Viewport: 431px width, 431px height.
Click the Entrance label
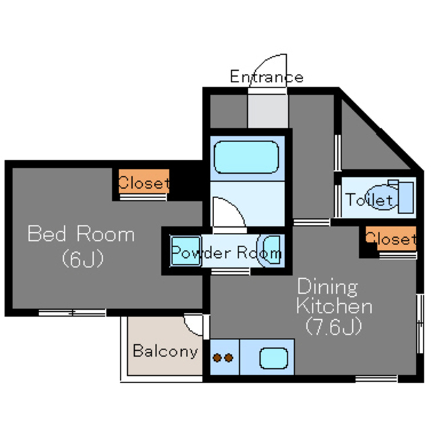(267, 77)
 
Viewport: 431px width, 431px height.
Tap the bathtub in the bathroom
(246, 157)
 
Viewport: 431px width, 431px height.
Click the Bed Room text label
(81, 234)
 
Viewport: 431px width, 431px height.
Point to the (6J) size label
(82, 259)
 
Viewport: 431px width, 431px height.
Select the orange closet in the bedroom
(143, 181)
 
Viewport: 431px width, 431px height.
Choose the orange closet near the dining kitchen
(391, 238)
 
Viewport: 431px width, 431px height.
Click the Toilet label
(369, 200)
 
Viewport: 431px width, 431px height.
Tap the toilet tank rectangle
(405, 197)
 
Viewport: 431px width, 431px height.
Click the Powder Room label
(226, 253)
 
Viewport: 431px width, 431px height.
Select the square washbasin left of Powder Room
(186, 251)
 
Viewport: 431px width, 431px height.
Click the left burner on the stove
(217, 358)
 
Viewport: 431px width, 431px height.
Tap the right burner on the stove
(229, 358)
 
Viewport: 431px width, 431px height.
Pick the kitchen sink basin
(274, 358)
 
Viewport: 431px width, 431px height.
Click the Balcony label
(166, 352)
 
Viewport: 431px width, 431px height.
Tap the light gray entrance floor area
(268, 111)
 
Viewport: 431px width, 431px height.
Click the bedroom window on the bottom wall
(72, 312)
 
